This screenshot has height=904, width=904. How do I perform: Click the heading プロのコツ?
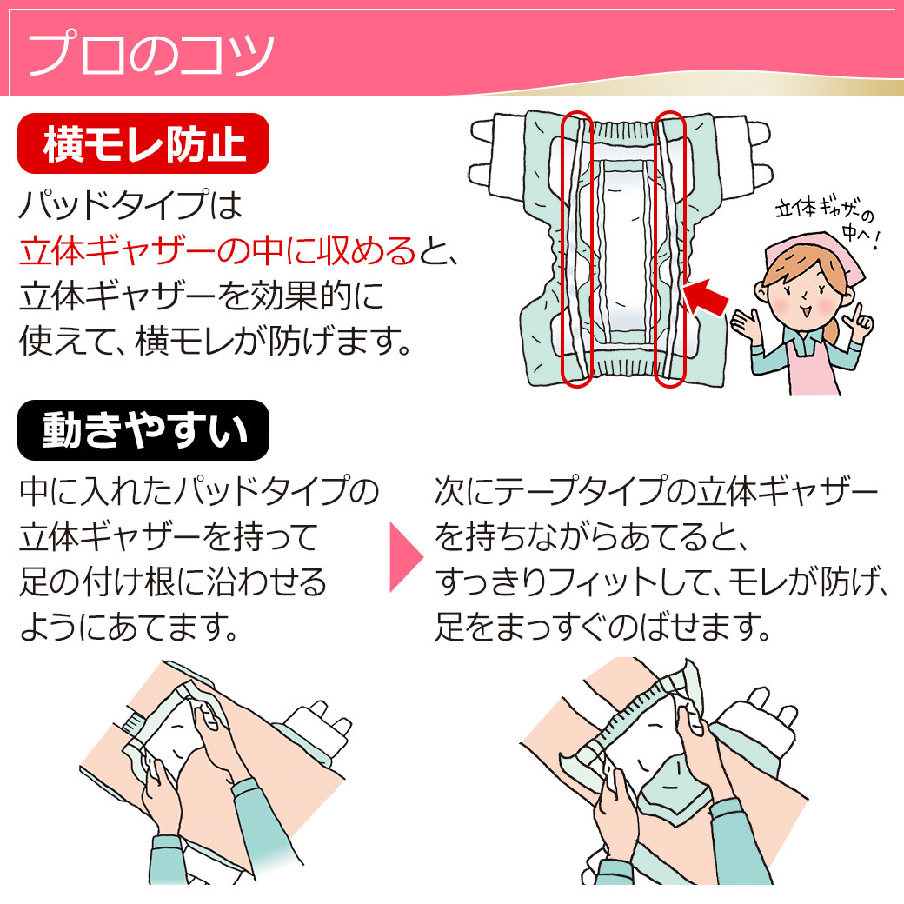coord(153,54)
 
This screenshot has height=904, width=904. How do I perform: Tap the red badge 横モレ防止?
coord(143,143)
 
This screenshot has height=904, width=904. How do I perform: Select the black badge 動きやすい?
coord(143,430)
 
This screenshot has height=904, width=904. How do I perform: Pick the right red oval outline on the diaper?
coord(670,248)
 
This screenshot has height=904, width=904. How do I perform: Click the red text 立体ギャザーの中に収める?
coord(217,252)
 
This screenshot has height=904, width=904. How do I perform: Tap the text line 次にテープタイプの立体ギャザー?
coord(656,494)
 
